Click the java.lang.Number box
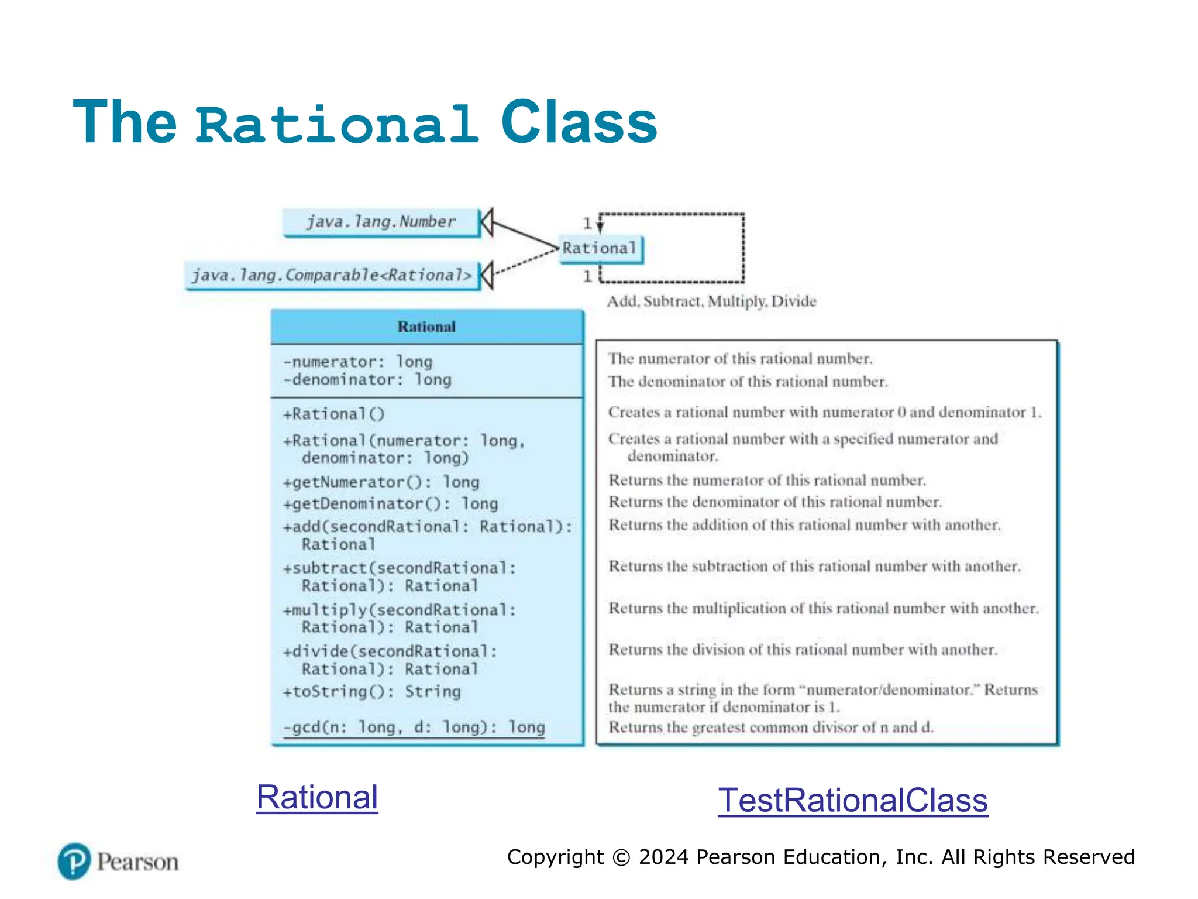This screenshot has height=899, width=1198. (381, 222)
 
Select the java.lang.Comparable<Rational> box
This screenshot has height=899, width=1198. (332, 275)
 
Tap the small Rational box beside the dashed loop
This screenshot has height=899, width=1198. (600, 249)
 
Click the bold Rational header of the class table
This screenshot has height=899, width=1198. (426, 327)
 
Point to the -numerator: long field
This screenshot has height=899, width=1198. (358, 362)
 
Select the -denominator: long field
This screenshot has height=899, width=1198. (367, 380)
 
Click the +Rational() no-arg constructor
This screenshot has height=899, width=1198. (334, 414)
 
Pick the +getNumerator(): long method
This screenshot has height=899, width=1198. (381, 482)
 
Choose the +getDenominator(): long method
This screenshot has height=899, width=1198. (391, 504)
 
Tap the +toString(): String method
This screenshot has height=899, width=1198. (372, 692)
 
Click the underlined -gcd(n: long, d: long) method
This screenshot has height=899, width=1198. (414, 728)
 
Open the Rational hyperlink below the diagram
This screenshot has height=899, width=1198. (317, 797)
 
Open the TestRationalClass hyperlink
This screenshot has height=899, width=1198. (853, 801)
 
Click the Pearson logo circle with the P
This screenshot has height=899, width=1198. (74, 861)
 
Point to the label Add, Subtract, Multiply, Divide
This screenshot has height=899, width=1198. (711, 301)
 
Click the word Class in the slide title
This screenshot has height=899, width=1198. (579, 122)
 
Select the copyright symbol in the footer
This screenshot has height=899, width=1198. (621, 857)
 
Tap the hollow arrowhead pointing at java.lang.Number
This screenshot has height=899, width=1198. (487, 222)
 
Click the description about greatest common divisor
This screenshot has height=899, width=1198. (771, 728)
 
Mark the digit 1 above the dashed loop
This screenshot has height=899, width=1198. (587, 224)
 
